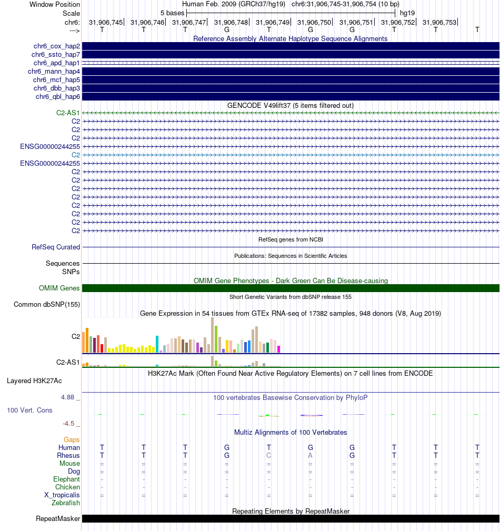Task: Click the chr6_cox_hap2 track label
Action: (x=55, y=46)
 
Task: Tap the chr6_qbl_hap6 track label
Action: (x=57, y=97)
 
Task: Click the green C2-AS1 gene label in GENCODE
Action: (x=68, y=113)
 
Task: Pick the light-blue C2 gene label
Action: (x=76, y=155)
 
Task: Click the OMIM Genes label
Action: (x=59, y=288)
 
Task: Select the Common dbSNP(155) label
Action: (x=47, y=304)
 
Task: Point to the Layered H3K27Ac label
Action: (x=43, y=380)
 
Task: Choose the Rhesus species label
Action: (x=68, y=455)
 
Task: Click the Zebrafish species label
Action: (x=66, y=503)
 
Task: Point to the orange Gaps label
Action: (x=72, y=439)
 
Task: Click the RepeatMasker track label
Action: (x=58, y=519)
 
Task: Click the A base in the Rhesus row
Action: (x=311, y=455)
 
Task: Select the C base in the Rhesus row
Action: (x=269, y=455)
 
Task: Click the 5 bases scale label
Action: (x=172, y=13)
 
